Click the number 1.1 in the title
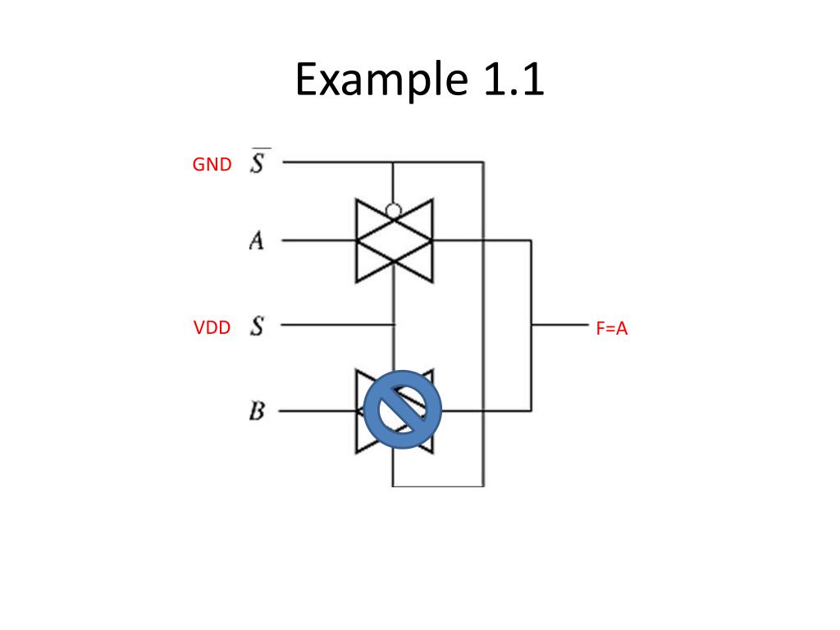[x=508, y=80]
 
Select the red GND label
[x=212, y=165]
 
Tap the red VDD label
[x=212, y=329]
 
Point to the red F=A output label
[x=611, y=330]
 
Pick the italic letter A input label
[x=257, y=241]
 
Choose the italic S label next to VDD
[x=258, y=326]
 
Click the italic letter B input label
[x=257, y=410]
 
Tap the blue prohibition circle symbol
[x=402, y=409]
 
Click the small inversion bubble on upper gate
[x=394, y=211]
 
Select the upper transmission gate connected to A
[x=394, y=241]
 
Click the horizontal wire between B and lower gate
[x=317, y=410]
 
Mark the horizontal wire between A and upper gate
[x=317, y=240]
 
